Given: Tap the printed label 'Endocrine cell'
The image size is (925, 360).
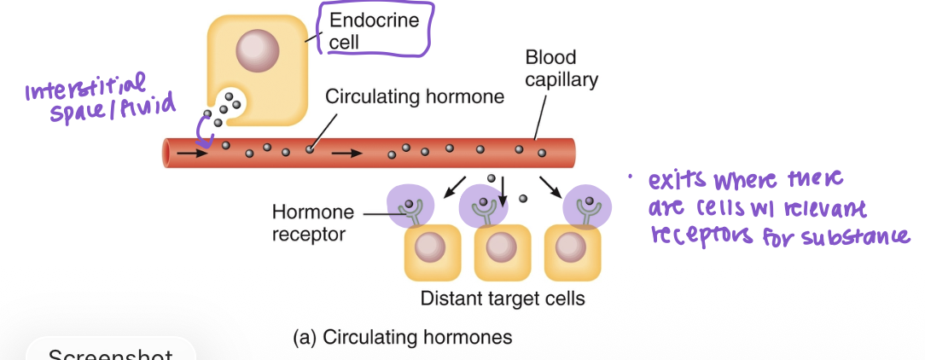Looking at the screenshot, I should point(374,31).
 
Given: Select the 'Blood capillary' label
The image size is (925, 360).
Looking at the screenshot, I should point(561,69).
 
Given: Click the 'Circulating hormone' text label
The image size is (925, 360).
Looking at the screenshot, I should point(415,97).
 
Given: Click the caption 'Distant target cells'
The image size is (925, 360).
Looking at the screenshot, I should point(503,299).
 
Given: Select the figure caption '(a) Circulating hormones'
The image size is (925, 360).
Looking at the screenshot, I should point(402,337).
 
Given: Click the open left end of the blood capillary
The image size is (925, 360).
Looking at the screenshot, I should point(169,154).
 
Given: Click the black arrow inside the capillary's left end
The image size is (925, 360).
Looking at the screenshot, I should point(193,154).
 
